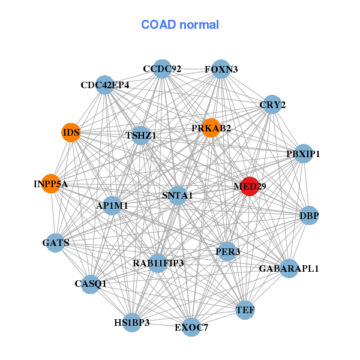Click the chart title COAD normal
[179, 25]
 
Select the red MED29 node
[249, 186]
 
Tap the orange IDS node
[71, 132]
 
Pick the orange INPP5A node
[51, 184]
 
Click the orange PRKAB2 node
[211, 128]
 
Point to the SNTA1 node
[178, 196]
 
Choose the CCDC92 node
[162, 69]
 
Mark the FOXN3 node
[221, 69]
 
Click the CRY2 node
[272, 104]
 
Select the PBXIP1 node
[304, 154]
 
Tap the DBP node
[309, 215]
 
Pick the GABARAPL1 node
[289, 268]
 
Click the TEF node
[245, 310]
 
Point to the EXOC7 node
[191, 327]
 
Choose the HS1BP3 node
[131, 322]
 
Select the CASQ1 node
[90, 283]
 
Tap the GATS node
[56, 243]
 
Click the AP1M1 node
[112, 205]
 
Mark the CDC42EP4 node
[105, 85]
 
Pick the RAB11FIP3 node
[158, 263]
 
